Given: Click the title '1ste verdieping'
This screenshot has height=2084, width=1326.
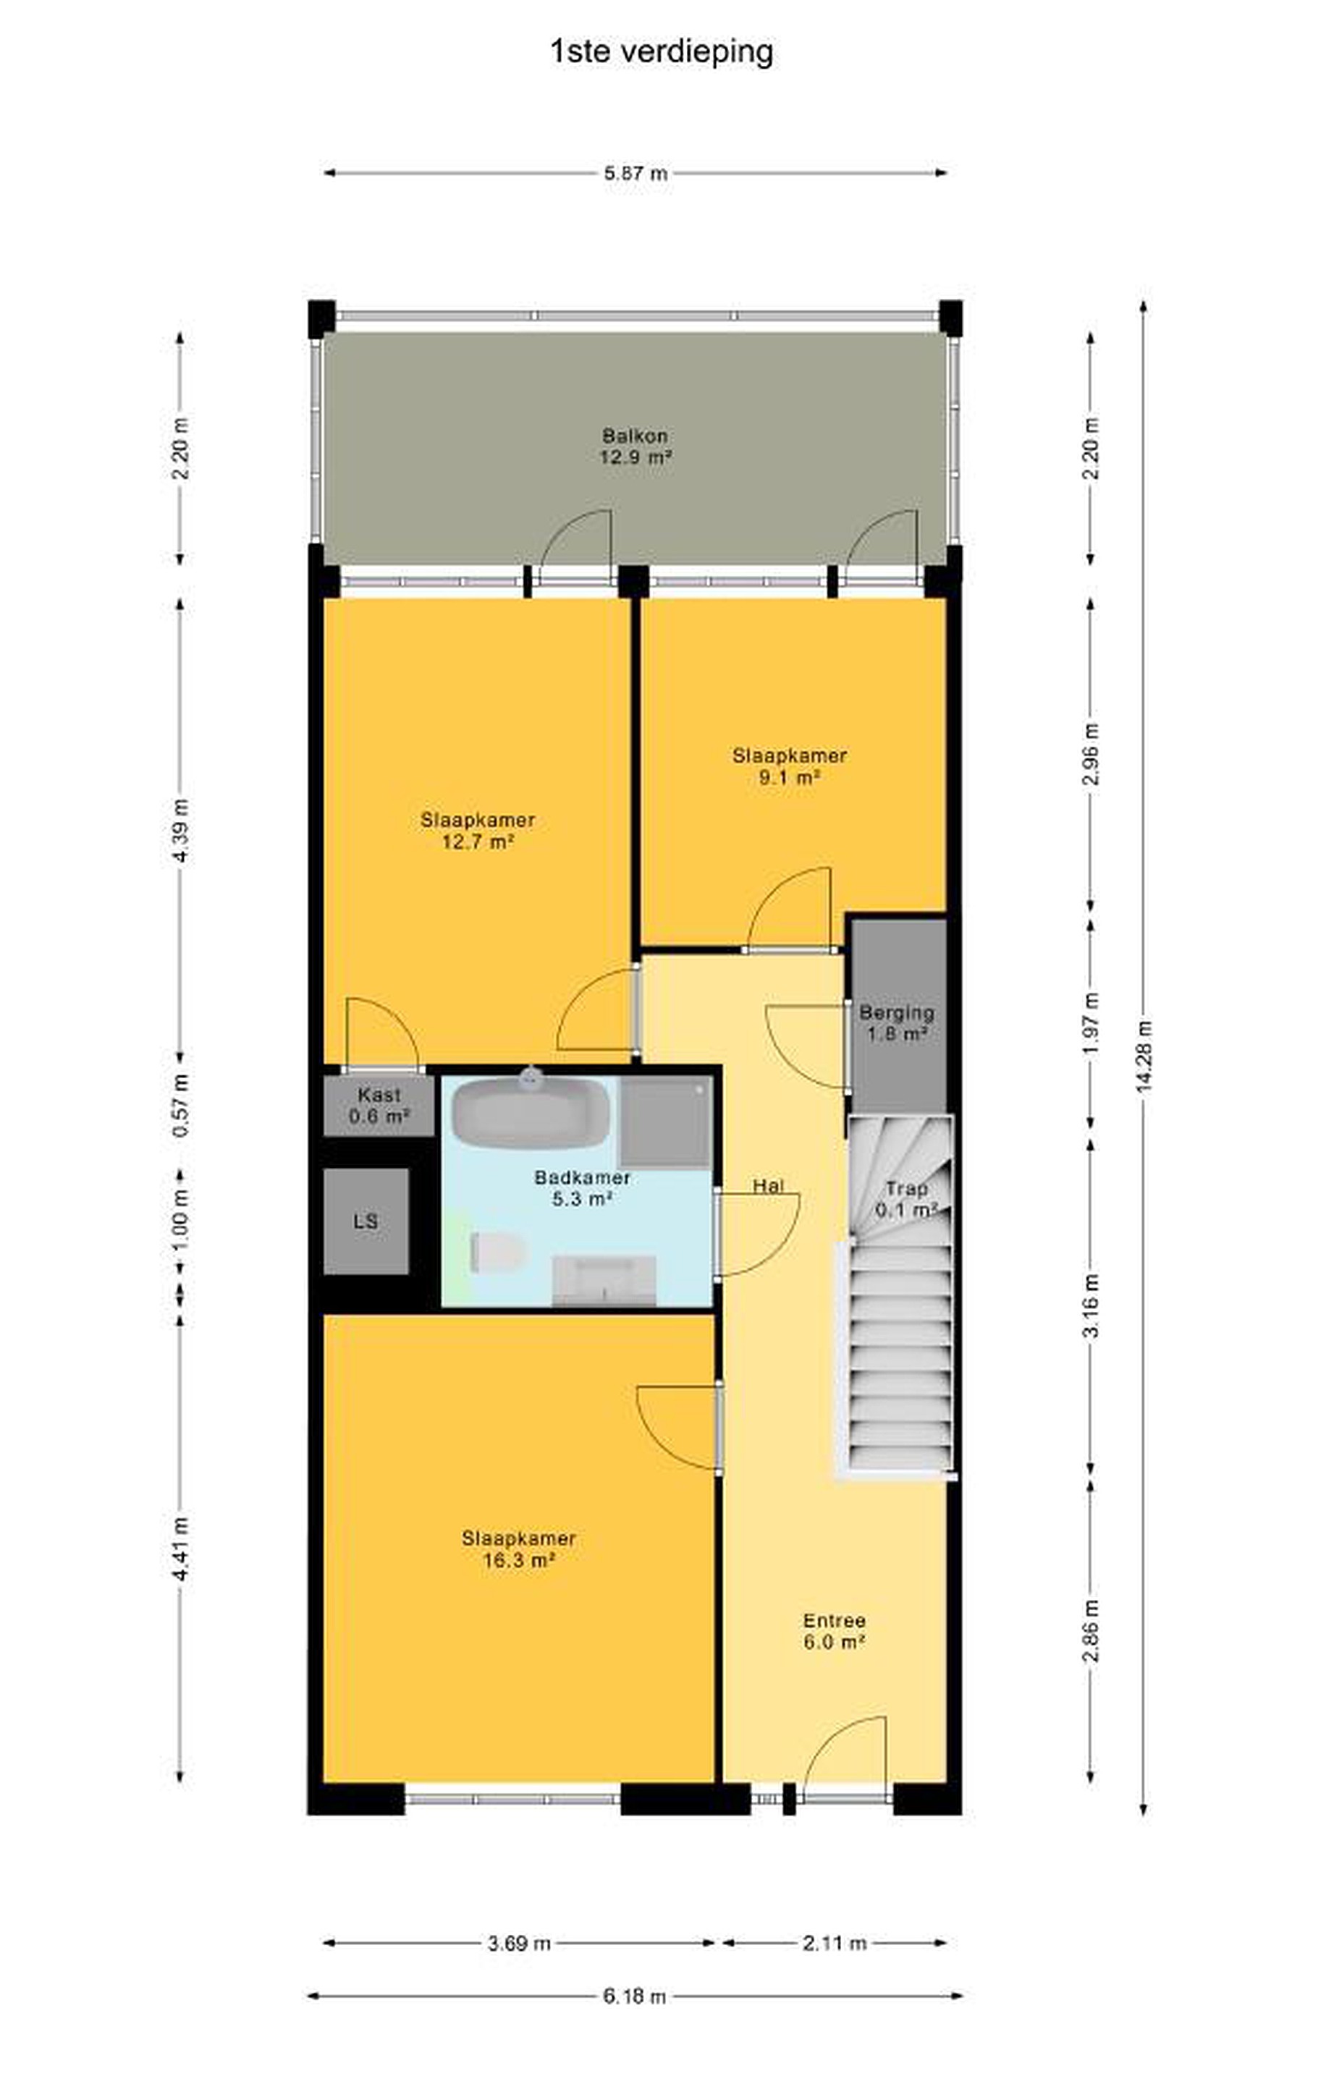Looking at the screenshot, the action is (662, 52).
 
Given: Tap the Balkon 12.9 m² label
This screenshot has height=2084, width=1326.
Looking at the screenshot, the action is (636, 446).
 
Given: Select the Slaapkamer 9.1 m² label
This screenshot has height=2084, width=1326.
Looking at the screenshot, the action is (790, 766).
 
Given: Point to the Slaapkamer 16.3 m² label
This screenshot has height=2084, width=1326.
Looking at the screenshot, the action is (518, 1549).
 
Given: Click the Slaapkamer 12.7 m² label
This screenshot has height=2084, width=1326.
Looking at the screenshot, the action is (478, 831).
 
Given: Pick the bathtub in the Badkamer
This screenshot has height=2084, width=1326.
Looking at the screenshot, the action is (531, 1111).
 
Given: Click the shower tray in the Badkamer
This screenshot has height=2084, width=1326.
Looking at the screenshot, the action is (667, 1122).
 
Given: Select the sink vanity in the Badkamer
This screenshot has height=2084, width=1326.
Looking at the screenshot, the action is (604, 1280).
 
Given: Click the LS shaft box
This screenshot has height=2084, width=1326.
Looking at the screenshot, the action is (366, 1221).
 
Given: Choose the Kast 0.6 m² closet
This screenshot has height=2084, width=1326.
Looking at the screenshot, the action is (379, 1105).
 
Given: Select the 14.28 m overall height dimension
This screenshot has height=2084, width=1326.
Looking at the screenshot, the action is (1144, 1056).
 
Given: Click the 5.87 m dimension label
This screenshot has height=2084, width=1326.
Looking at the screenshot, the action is (636, 173).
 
